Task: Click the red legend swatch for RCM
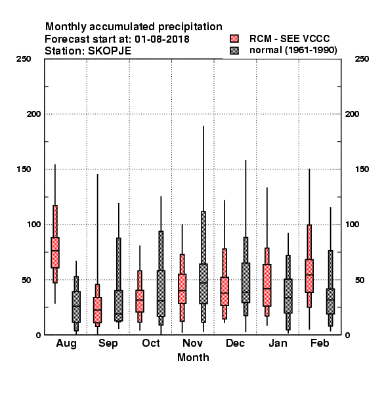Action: point(234,39)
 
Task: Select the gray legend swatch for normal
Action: point(234,51)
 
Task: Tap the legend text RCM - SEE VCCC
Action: point(289,39)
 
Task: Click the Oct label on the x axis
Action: point(151,343)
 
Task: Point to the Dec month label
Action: point(235,343)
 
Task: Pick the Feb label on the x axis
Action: point(320,343)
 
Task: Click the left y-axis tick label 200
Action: point(33,114)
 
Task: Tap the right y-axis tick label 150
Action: point(362,169)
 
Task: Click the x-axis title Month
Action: point(193,358)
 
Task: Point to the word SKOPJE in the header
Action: point(109,51)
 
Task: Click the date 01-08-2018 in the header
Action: point(162,39)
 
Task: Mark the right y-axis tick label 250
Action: point(362,59)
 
